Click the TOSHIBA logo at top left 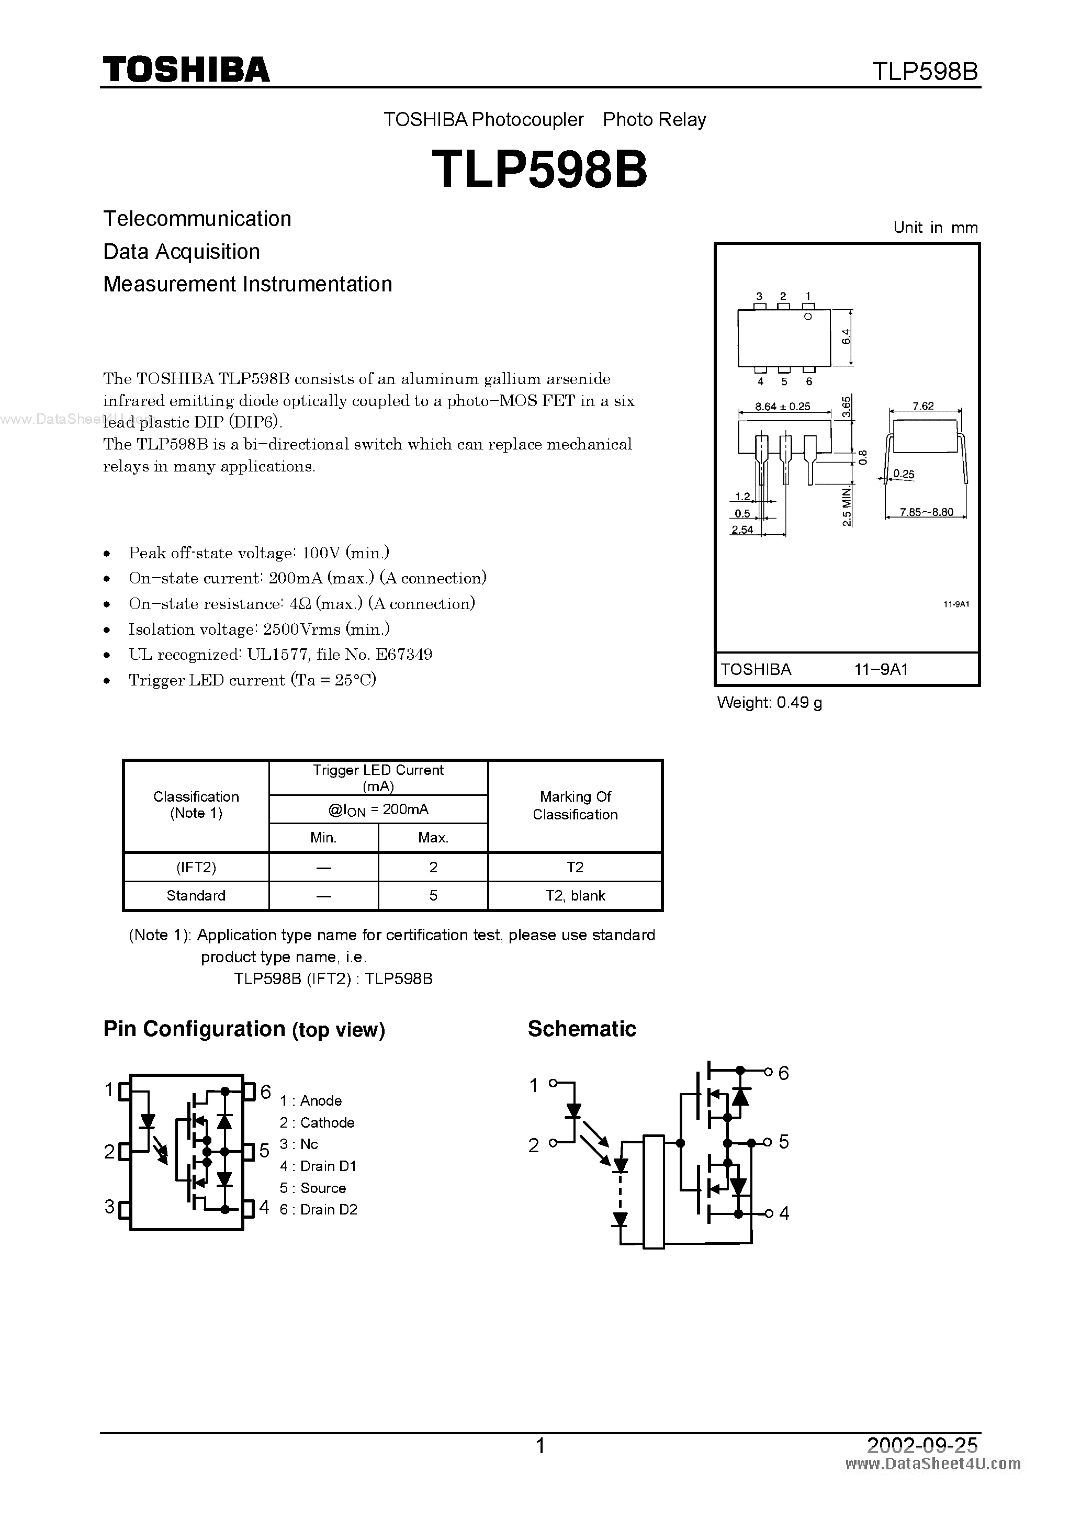click(186, 69)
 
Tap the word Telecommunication click(197, 219)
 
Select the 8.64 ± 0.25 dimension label click(782, 407)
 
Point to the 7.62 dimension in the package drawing click(923, 406)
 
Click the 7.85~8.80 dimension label click(926, 512)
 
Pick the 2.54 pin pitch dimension click(742, 530)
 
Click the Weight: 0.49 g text click(769, 702)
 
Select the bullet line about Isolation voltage click(258, 629)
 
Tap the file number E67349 click(404, 655)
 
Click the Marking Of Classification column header click(575, 805)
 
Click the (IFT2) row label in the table click(196, 867)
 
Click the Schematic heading click(582, 1029)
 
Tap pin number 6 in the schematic click(784, 1073)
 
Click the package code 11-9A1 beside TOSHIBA click(881, 670)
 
